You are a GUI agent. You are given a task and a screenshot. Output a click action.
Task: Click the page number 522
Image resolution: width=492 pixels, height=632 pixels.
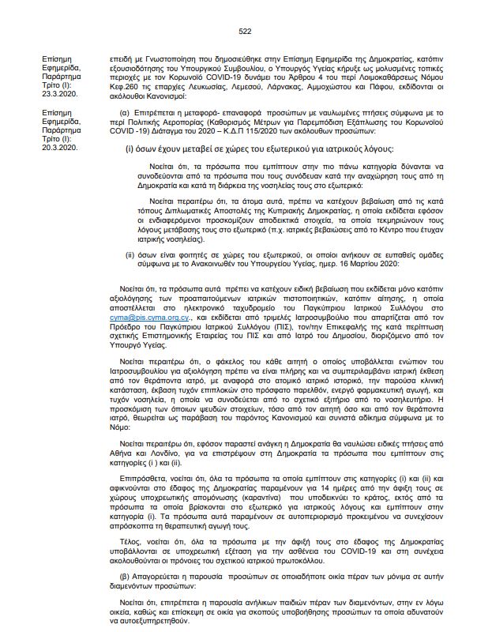tap(244, 31)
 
